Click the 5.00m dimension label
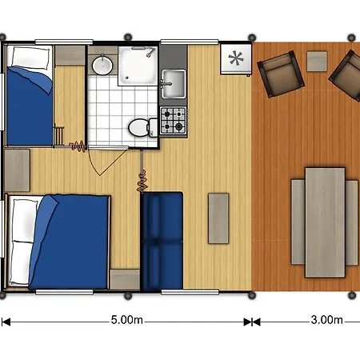click(x=127, y=320)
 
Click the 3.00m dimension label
click(x=326, y=320)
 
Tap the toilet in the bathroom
click(x=143, y=127)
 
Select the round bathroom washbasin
click(x=102, y=66)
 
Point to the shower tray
click(x=138, y=66)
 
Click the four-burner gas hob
click(x=173, y=120)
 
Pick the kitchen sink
click(x=174, y=84)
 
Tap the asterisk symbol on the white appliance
click(x=236, y=58)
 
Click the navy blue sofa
click(x=162, y=242)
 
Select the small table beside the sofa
click(x=218, y=218)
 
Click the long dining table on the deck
click(x=325, y=222)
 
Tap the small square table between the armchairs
click(x=317, y=62)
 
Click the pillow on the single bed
click(x=31, y=58)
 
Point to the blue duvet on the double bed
click(x=70, y=242)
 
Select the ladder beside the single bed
click(x=60, y=136)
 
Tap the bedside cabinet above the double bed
click(x=17, y=170)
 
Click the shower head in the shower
click(x=151, y=52)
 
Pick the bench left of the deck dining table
click(x=298, y=222)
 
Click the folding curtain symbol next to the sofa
click(x=142, y=182)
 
